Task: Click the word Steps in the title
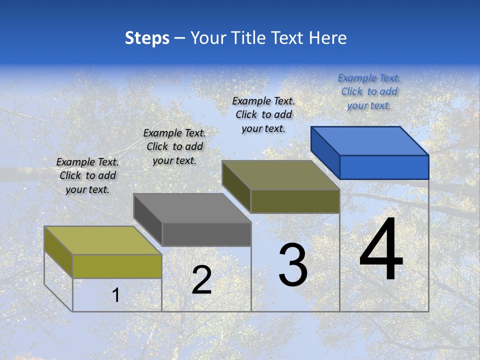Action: (x=147, y=38)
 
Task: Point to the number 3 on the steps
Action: (x=293, y=265)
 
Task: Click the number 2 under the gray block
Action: (x=201, y=280)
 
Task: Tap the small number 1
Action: (x=116, y=295)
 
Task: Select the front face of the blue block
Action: (x=384, y=167)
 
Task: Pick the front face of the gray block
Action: (x=206, y=234)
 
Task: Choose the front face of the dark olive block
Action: (x=295, y=201)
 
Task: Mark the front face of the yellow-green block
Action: (x=117, y=266)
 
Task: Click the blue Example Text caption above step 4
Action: (x=369, y=91)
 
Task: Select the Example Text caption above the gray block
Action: (x=174, y=146)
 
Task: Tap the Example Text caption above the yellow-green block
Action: (x=87, y=175)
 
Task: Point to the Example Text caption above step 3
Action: (x=263, y=114)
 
